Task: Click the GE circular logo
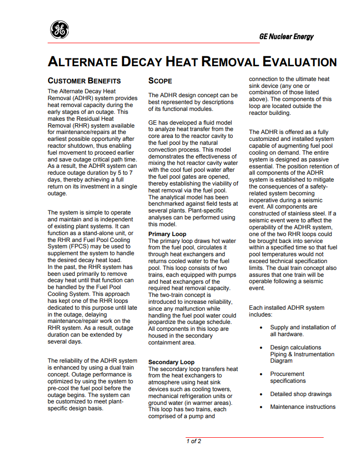(59, 30)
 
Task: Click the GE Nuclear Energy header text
(286, 37)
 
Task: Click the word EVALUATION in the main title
(300, 62)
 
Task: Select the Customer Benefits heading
(84, 80)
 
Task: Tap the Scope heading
(160, 80)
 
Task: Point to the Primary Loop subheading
(167, 234)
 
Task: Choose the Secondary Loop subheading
(171, 362)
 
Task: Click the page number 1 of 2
(194, 441)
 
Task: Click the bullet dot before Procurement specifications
(261, 374)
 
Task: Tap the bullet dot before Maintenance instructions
(261, 407)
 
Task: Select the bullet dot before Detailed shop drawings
(261, 394)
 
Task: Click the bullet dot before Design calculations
(261, 348)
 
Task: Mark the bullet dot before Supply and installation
(261, 328)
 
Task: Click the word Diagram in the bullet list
(282, 361)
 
